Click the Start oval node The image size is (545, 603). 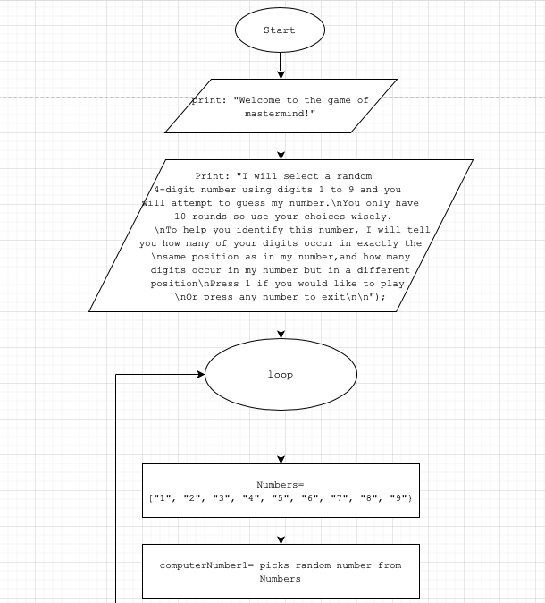280,30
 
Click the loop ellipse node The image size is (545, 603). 281,375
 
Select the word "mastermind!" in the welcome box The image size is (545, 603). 281,114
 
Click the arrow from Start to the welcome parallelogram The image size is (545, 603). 281,64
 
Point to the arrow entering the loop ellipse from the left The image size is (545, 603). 161,375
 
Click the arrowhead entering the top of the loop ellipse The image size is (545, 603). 281,333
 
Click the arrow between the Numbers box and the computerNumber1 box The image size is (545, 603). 281,531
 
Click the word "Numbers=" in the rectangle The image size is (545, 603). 281,485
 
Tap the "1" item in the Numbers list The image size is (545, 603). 163,498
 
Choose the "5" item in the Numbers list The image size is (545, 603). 281,498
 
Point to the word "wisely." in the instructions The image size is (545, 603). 371,217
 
